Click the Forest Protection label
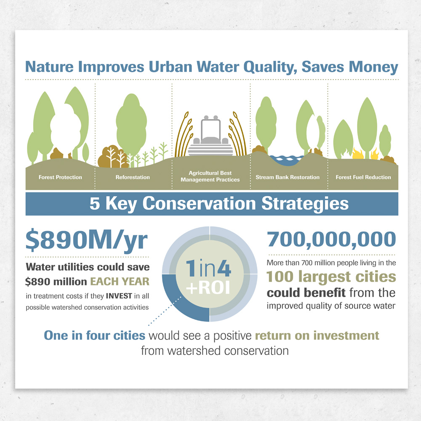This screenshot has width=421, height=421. point(60,177)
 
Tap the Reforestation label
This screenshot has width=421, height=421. point(133,177)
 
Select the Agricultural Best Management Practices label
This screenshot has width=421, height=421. point(210,176)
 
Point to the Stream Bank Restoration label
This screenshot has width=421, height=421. point(288,177)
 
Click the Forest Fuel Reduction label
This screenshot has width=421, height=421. point(363,177)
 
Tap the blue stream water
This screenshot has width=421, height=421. point(287,160)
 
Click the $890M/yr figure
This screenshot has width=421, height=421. point(86,240)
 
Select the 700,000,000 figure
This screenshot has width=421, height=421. point(331,239)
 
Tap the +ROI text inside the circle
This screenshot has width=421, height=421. point(208,288)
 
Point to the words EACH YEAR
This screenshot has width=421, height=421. point(120,281)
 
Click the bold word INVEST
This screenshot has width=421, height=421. point(119,296)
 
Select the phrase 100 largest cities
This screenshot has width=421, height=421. point(331,277)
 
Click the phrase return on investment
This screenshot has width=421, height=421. point(317,336)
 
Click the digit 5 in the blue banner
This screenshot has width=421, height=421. point(95,203)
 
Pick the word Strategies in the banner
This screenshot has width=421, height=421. point(305,204)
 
